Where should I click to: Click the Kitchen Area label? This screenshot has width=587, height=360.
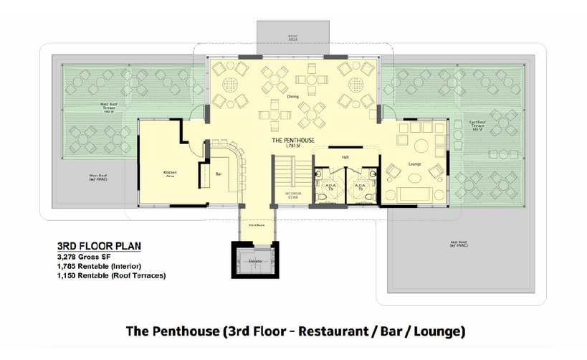click(170, 173)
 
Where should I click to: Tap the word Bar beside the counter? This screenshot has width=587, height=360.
click(219, 174)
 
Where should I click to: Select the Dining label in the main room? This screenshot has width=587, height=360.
click(292, 96)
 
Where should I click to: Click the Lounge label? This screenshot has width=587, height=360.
click(414, 164)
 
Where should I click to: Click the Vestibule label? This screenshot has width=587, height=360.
click(257, 225)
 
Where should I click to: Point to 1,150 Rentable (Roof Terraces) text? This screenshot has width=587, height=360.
click(111, 275)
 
